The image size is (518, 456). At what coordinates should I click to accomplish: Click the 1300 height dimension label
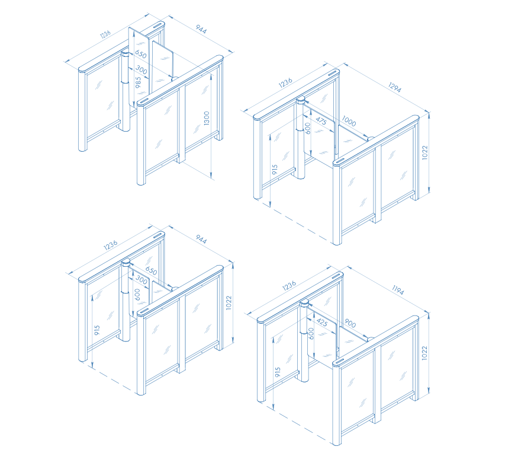point(207,118)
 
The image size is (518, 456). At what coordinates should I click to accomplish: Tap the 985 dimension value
point(138,82)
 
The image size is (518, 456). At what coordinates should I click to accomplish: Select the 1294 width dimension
point(395,87)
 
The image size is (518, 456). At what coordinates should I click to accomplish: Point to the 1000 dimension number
point(349,121)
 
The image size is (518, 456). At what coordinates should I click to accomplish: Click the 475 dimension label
point(321,121)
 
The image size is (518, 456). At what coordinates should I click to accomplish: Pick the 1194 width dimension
point(398,290)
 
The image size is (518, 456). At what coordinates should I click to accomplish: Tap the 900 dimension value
point(350,323)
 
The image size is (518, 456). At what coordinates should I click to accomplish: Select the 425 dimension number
point(322,322)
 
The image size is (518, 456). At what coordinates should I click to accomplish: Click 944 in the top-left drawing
point(201,29)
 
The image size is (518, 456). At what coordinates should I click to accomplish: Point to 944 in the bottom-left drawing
point(201,239)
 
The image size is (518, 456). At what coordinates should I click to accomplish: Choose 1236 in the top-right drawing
point(285,83)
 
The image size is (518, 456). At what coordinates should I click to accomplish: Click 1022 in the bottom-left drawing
point(229,303)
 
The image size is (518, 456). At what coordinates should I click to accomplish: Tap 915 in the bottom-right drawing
point(278,372)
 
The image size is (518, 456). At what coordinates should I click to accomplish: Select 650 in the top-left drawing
point(141,54)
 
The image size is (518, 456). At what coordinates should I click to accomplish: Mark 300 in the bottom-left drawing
point(141,280)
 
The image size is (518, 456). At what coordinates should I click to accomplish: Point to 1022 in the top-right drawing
point(425,152)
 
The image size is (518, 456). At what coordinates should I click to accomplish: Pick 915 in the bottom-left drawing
point(97,330)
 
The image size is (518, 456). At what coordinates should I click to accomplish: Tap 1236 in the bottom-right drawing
point(289,286)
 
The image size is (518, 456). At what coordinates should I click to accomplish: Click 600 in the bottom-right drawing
point(311,334)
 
